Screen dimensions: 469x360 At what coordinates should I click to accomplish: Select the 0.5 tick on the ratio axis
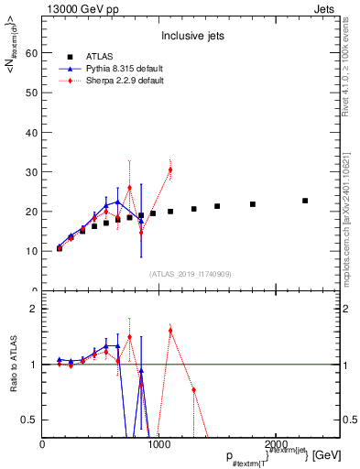[x=30, y=420]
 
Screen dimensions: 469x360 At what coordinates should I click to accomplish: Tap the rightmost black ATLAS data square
[x=305, y=201]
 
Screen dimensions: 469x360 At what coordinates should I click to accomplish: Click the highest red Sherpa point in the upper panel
[x=169, y=169]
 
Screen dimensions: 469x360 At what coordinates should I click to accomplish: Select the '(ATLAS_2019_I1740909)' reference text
[x=191, y=273]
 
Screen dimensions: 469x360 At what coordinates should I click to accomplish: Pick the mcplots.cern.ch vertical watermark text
[x=348, y=220]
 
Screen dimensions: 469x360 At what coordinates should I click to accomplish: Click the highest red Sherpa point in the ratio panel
[x=170, y=330]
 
